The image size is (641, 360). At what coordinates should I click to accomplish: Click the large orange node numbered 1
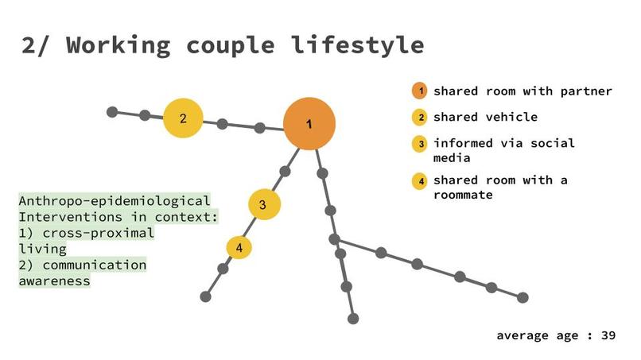[x=309, y=124]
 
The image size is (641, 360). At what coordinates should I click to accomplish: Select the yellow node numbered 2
[x=183, y=118]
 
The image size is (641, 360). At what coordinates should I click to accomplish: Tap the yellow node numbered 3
[x=264, y=204]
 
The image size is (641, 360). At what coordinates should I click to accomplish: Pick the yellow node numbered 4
[x=239, y=247]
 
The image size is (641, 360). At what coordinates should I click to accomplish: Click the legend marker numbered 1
[x=420, y=91]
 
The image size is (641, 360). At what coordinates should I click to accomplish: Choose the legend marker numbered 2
[x=420, y=118]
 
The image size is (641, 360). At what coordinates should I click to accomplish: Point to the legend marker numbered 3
[x=420, y=144]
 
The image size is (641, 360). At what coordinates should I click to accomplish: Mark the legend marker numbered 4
[x=420, y=180]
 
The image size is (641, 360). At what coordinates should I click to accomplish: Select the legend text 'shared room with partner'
[x=523, y=91]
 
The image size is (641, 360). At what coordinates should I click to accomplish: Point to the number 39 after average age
[x=608, y=335]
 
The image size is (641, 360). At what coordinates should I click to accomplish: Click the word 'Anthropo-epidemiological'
[x=115, y=201]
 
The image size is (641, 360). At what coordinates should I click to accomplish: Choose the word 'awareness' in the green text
[x=54, y=281]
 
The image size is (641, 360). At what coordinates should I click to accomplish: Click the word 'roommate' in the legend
[x=463, y=194]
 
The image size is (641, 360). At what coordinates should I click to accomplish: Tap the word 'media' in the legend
[x=453, y=157]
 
